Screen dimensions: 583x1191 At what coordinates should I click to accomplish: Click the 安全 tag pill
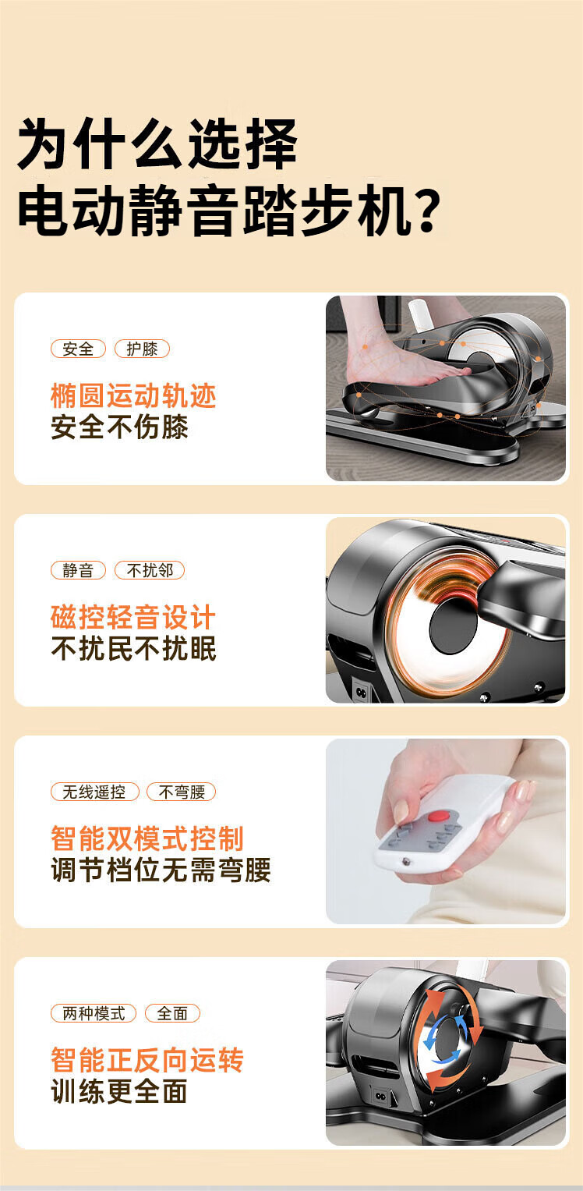tap(78, 349)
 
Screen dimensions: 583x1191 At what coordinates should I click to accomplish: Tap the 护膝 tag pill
tap(142, 349)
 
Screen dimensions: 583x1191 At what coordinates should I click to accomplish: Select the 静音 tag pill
tap(78, 570)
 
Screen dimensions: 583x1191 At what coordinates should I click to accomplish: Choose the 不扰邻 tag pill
tap(150, 570)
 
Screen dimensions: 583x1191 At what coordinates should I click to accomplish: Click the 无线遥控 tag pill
tap(94, 792)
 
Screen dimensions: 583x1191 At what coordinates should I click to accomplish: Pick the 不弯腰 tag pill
tap(182, 792)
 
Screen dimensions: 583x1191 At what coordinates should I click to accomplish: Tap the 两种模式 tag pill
tap(94, 1013)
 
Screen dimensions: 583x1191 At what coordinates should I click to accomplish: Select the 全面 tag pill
tap(172, 1013)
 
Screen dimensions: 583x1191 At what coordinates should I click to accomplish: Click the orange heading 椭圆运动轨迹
tap(133, 395)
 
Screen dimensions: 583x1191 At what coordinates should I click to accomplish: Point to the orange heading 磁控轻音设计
tap(133, 617)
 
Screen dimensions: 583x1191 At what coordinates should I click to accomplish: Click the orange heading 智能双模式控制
tap(147, 838)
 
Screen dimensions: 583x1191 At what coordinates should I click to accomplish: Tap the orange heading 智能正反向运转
tap(147, 1060)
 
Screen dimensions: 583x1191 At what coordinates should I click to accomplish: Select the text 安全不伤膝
tap(119, 427)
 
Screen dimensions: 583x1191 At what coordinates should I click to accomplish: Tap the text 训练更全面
tap(119, 1092)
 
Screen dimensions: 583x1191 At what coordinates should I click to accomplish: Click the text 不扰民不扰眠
tap(133, 649)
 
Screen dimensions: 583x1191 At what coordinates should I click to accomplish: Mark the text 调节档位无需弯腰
tap(161, 870)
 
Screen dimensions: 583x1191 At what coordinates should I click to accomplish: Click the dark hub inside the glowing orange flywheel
tap(454, 627)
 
